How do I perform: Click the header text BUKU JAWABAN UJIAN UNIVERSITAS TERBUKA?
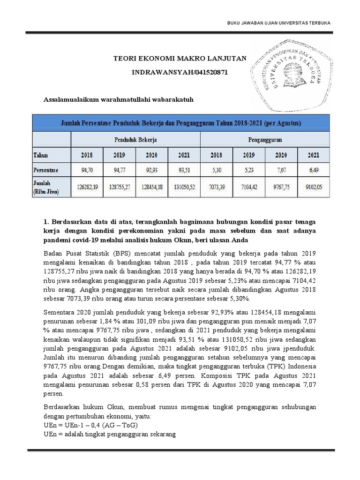tap(278, 23)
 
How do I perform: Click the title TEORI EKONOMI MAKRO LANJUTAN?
tap(180, 58)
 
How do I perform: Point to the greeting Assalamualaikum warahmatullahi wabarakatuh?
tap(119, 99)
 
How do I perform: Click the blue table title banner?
tap(181, 123)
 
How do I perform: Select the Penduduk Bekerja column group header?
tap(136, 140)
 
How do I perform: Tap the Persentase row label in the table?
tap(45, 169)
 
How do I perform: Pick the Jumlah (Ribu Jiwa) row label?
tap(46, 187)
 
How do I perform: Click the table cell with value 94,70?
tap(87, 169)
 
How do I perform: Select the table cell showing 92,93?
tap(151, 169)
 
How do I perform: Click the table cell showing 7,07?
tap(281, 169)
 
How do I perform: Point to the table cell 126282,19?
tap(87, 187)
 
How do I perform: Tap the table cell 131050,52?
tap(184, 187)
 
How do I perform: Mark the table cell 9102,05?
tap(313, 187)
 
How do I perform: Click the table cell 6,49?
tap(313, 169)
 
